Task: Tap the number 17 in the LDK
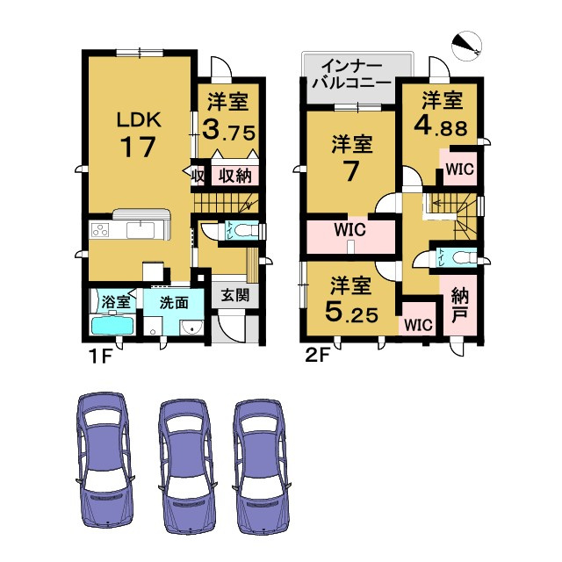[x=139, y=147]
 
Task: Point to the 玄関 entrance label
[x=234, y=295]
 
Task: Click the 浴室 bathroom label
[x=115, y=302]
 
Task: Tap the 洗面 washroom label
[x=174, y=303]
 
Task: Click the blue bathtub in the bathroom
[x=112, y=325]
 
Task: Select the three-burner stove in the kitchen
[x=100, y=230]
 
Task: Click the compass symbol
[x=466, y=45]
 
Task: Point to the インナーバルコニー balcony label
[x=351, y=75]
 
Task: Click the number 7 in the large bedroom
[x=350, y=171]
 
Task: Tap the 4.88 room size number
[x=441, y=126]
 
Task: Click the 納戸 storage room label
[x=460, y=306]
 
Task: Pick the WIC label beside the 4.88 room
[x=460, y=169]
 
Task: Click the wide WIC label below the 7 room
[x=349, y=230]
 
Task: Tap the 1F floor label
[x=101, y=357]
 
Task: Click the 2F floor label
[x=317, y=357]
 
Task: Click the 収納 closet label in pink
[x=234, y=176]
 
